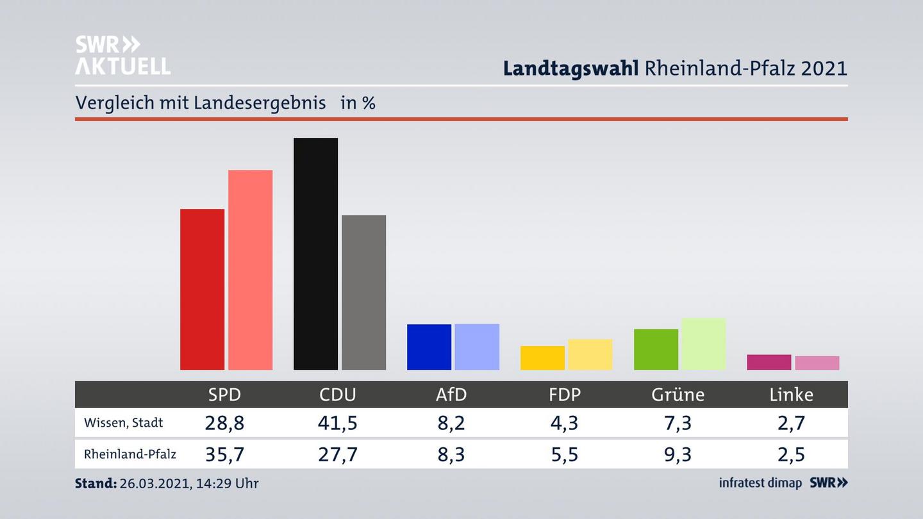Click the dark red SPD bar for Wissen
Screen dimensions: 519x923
pyautogui.click(x=202, y=290)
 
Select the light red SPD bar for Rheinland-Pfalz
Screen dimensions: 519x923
pyautogui.click(x=250, y=270)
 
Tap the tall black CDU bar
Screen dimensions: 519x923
pyautogui.click(x=315, y=254)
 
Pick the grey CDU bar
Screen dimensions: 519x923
pyautogui.click(x=363, y=292)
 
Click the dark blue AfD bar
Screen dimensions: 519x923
pyautogui.click(x=429, y=347)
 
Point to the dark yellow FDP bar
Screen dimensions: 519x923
pyautogui.click(x=542, y=358)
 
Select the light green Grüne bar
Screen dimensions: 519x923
pyautogui.click(x=703, y=344)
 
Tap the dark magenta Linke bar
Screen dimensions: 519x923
pyautogui.click(x=769, y=362)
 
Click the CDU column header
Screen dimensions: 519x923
pyautogui.click(x=338, y=395)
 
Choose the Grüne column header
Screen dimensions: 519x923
pyautogui.click(x=678, y=395)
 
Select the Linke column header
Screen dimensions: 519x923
pyautogui.click(x=791, y=395)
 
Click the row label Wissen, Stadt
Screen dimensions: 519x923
pyautogui.click(x=124, y=423)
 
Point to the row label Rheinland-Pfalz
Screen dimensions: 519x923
pyautogui.click(x=130, y=454)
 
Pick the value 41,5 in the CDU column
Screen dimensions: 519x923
pyautogui.click(x=338, y=423)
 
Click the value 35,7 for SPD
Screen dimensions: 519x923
pyautogui.click(x=224, y=454)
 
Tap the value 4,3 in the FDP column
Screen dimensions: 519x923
pyautogui.click(x=564, y=423)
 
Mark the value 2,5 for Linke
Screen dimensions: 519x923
pyautogui.click(x=791, y=454)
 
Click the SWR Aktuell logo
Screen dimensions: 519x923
pyautogui.click(x=122, y=55)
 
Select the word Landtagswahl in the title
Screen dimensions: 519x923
pyautogui.click(x=570, y=69)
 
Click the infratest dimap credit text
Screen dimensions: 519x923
pyautogui.click(x=760, y=482)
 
